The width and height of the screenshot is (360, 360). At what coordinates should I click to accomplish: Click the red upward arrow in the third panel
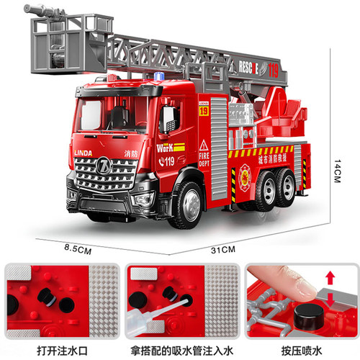[330, 277]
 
